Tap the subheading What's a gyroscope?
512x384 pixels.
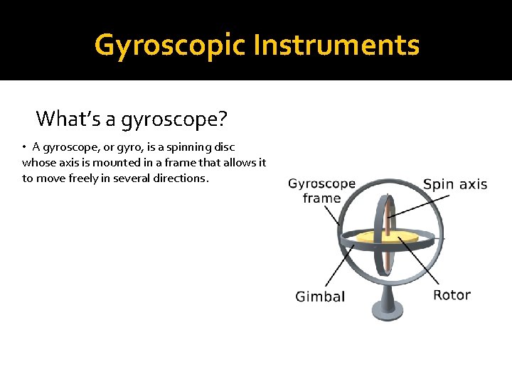coord(132,118)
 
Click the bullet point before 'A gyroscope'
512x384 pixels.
coord(24,147)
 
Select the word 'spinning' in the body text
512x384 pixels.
coord(184,147)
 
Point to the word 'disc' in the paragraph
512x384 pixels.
coord(223,147)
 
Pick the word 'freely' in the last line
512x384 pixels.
coord(87,178)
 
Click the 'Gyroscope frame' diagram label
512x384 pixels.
coord(321,191)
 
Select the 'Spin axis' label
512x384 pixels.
coord(455,185)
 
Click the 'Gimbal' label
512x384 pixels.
coord(320,297)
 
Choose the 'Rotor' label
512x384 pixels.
coord(452,294)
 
